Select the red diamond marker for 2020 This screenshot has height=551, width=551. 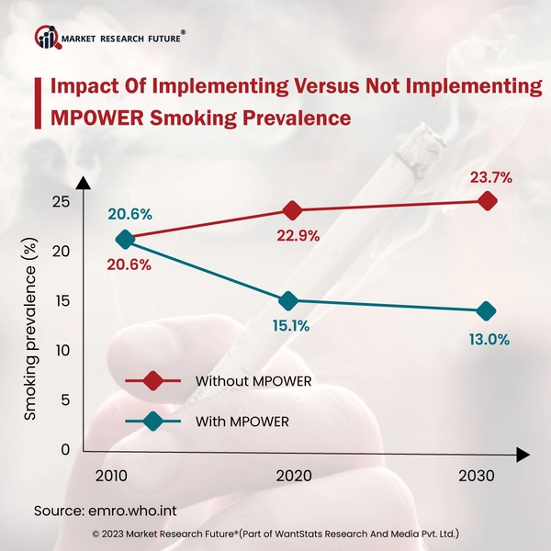pyautogui.click(x=292, y=210)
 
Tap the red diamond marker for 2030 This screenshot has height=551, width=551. pyautogui.click(x=487, y=200)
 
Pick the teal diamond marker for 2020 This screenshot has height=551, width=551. pyautogui.click(x=288, y=300)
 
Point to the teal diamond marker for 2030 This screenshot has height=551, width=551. pyautogui.click(x=487, y=310)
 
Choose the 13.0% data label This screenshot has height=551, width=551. pyautogui.click(x=487, y=339)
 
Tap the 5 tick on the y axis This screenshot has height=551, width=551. pyautogui.click(x=64, y=400)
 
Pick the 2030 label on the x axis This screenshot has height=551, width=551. pyautogui.click(x=475, y=477)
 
